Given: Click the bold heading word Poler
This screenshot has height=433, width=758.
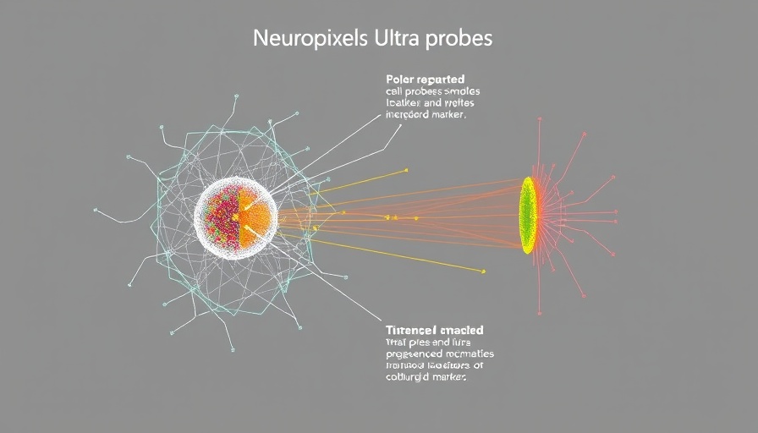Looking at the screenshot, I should [401, 79].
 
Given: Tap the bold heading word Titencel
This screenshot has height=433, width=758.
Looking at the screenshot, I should [412, 330].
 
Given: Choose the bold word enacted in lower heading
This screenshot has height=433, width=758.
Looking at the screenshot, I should [462, 330].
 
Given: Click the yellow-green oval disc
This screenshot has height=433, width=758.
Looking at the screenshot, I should [528, 215].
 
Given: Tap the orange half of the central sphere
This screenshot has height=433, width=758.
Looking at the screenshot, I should [256, 217].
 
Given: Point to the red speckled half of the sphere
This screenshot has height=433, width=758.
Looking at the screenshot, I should [221, 216].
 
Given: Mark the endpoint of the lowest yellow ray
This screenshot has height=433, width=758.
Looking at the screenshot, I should [483, 271].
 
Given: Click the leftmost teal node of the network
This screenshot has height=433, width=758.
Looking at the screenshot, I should [96, 208].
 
